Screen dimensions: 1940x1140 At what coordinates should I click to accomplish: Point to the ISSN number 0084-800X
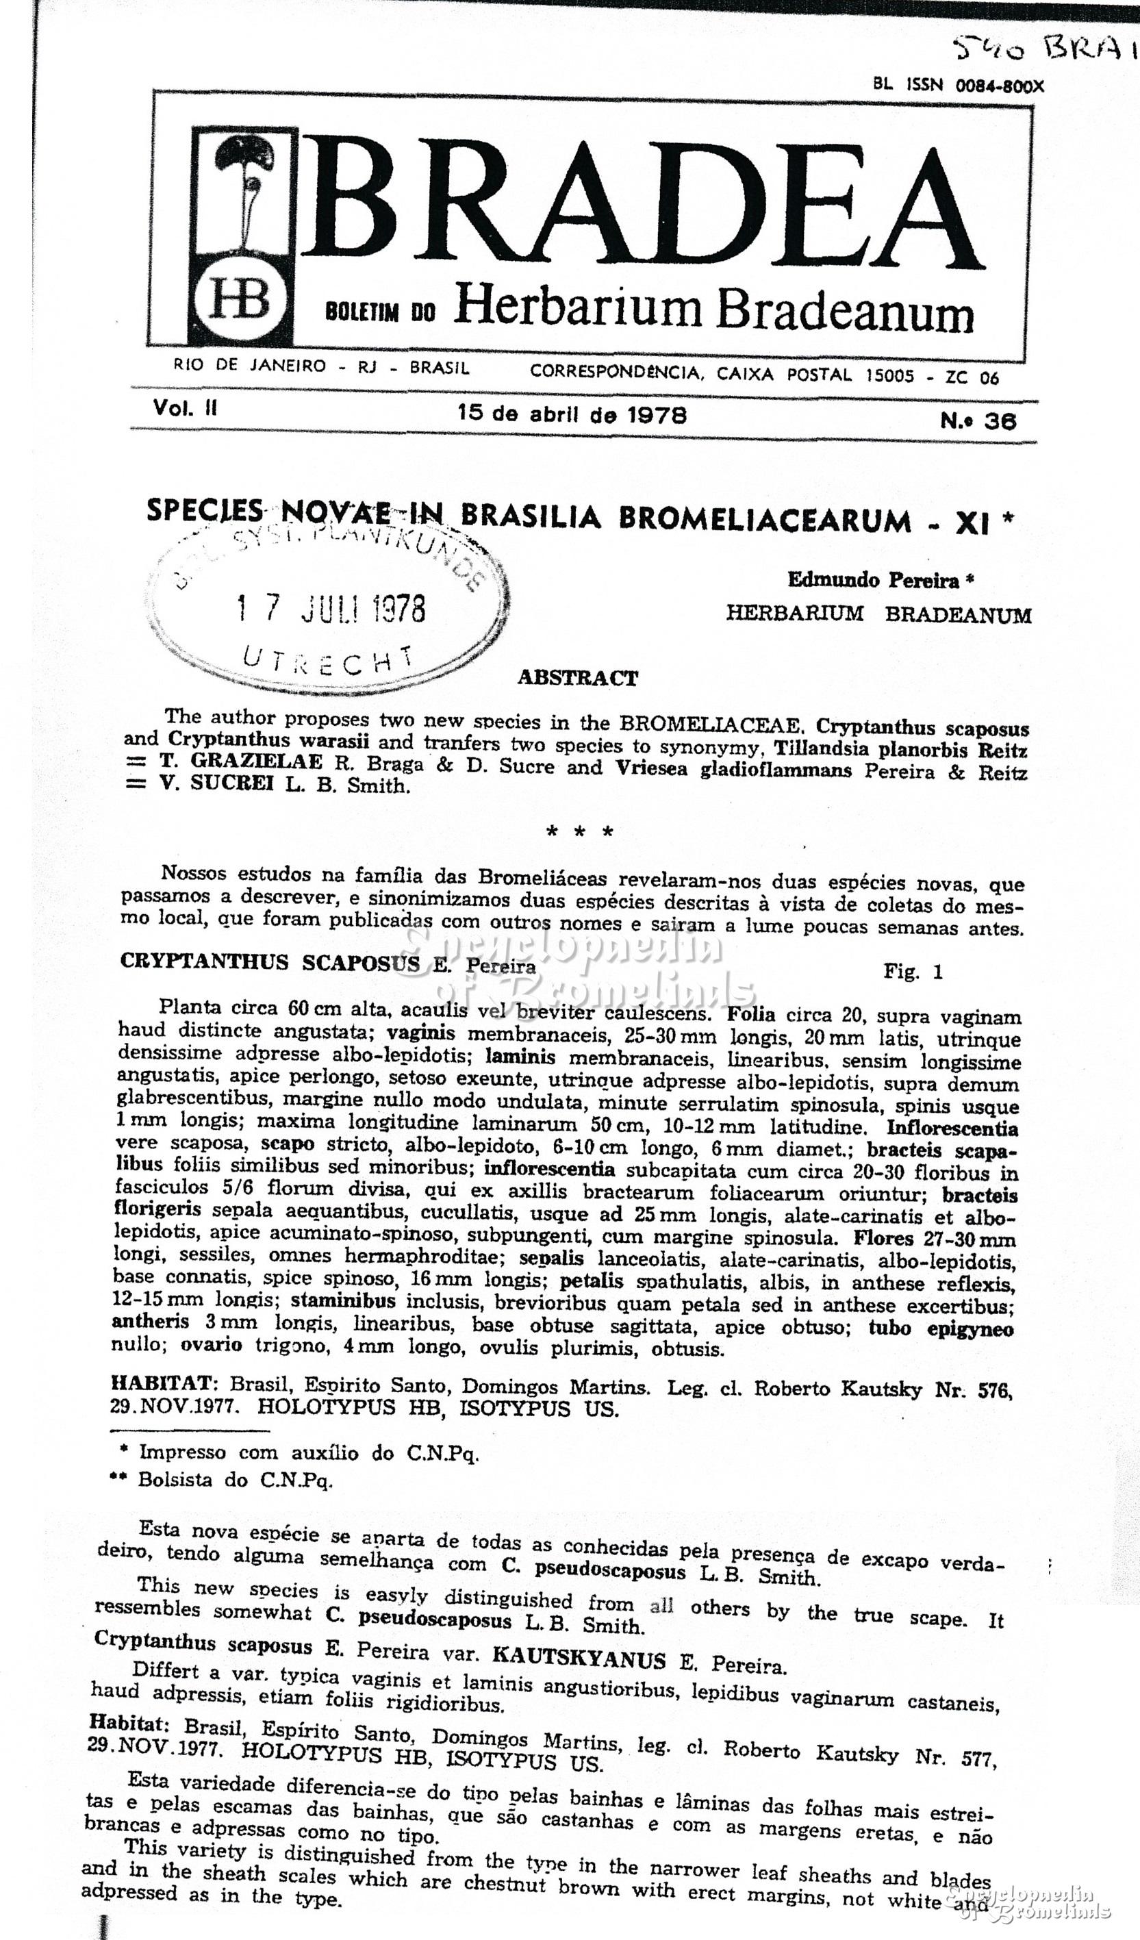1000,86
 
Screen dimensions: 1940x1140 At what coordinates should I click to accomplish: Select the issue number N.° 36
978,420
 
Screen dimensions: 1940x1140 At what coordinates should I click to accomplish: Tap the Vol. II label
185,408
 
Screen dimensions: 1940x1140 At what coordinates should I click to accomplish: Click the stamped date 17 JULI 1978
331,609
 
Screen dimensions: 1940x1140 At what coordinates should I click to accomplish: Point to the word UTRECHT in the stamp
327,659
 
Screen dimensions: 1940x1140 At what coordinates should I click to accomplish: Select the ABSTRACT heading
577,678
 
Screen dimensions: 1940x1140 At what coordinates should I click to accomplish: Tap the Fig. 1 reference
913,972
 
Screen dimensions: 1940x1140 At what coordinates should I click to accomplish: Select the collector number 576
995,1389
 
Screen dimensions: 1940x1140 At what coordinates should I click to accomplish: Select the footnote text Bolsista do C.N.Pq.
235,1480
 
